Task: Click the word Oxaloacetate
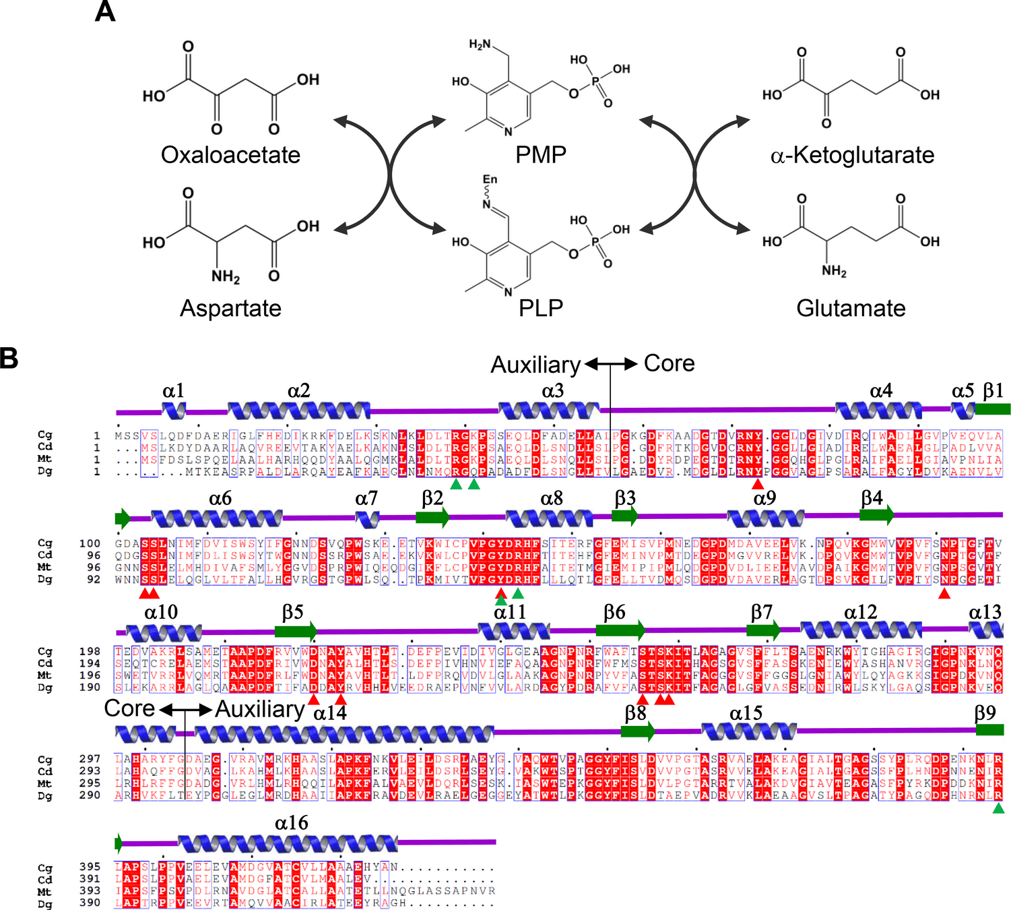230,155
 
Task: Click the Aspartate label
230,308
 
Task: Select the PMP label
540,154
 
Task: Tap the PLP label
540,308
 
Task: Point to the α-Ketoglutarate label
852,155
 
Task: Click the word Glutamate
851,308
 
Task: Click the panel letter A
105,11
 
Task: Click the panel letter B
9,358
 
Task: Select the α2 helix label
298,391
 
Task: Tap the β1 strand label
993,391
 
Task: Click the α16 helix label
291,823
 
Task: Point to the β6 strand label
614,612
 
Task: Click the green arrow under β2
432,517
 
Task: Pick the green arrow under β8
637,731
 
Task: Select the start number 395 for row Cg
90,867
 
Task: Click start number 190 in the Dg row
90,688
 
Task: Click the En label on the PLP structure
490,179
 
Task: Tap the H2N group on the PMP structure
480,44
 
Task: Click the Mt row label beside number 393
44,891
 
